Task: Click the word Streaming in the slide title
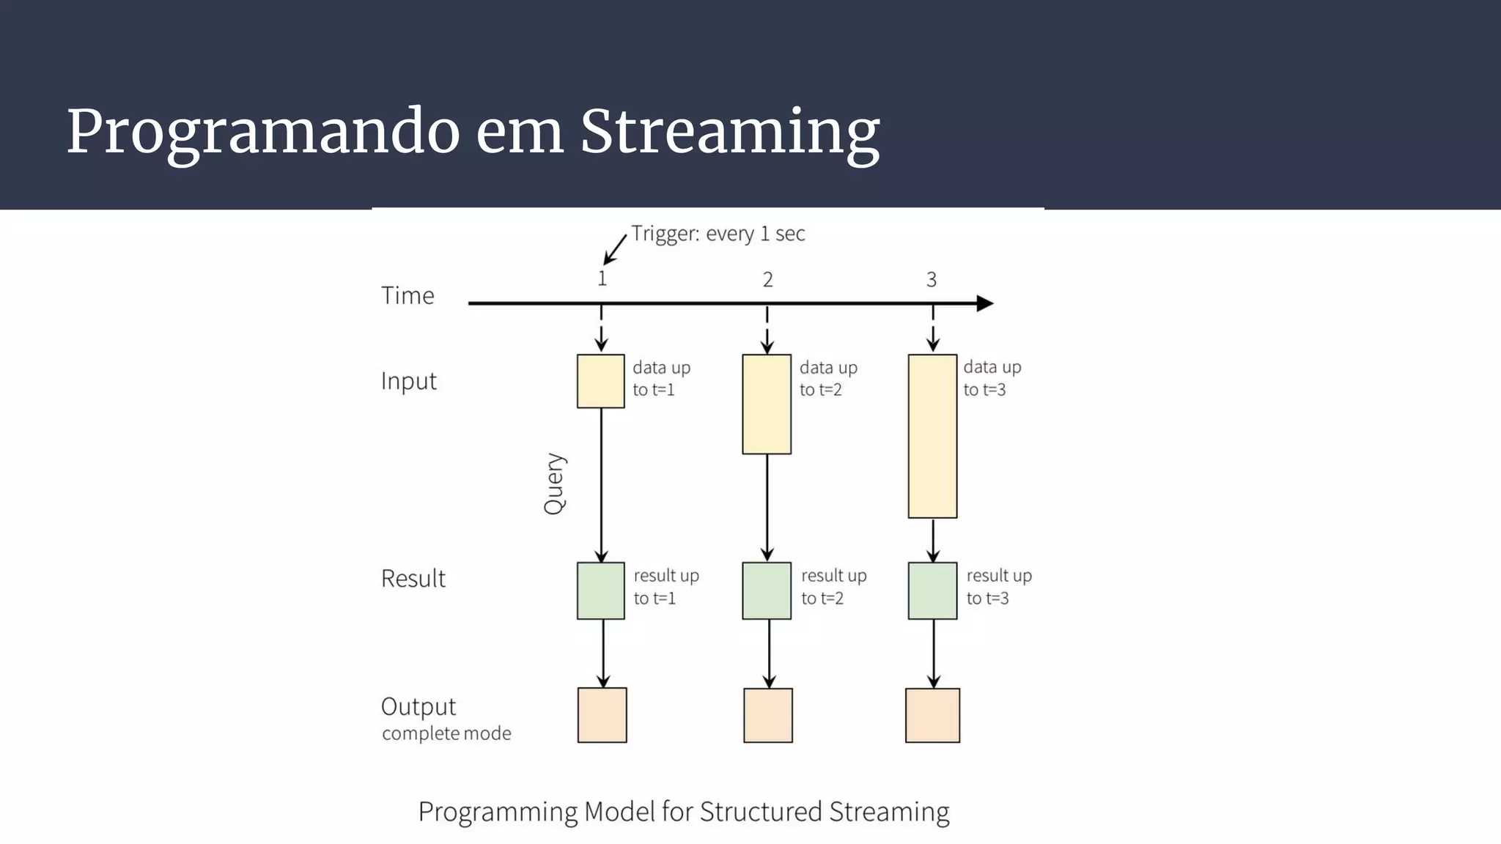point(729,132)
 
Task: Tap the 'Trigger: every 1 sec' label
point(718,234)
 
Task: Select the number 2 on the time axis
point(767,280)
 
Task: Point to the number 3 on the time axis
point(931,280)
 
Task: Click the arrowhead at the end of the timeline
point(986,303)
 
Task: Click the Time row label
point(407,295)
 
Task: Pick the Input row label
point(408,381)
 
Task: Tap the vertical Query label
point(555,484)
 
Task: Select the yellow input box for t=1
point(600,381)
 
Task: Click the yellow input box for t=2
point(767,404)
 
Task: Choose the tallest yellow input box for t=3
point(932,436)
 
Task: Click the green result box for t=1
point(600,591)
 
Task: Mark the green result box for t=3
point(932,591)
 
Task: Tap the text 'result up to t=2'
point(833,587)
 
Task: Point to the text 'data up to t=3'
point(991,378)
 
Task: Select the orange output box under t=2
point(767,715)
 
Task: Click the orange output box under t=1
point(602,715)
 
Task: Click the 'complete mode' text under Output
point(446,733)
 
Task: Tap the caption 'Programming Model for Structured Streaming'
point(683,812)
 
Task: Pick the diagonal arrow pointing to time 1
point(615,250)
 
